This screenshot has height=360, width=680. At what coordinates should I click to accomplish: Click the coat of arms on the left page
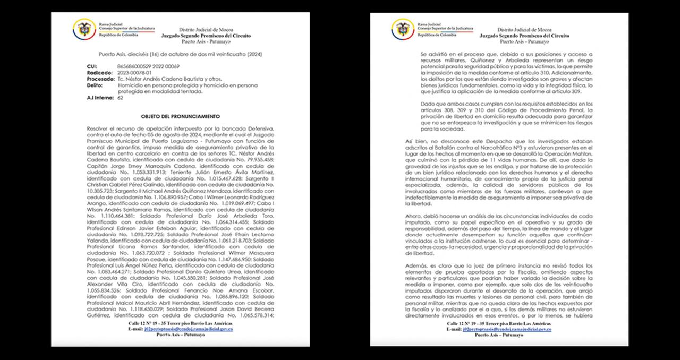84,29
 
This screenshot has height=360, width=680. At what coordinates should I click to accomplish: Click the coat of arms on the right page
403,29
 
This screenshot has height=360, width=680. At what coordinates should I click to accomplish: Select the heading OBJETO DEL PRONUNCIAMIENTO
181,116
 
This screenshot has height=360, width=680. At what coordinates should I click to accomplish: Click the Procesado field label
100,79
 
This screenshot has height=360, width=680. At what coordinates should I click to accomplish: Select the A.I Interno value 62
120,97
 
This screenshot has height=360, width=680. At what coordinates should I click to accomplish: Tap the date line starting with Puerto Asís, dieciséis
181,54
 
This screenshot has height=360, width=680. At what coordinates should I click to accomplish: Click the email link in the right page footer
507,329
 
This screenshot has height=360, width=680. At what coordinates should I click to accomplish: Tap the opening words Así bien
416,141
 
